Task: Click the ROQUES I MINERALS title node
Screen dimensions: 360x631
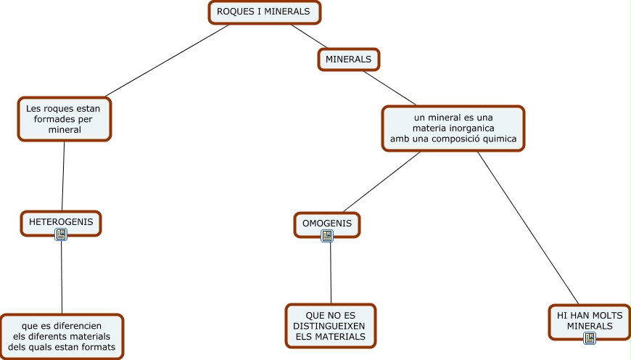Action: [263, 12]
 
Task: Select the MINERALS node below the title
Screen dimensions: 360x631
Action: [348, 59]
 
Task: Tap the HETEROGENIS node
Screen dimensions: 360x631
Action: [61, 221]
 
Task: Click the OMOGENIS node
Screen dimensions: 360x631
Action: [326, 223]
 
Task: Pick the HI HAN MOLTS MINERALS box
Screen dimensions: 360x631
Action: [589, 320]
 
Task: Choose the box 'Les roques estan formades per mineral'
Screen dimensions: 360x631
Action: [64, 119]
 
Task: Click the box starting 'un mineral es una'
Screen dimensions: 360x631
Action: [453, 128]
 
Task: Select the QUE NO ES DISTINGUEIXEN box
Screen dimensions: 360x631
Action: [330, 326]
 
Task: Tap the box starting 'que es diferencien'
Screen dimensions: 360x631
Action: [61, 336]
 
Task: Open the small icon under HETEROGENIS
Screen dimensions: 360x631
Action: [61, 234]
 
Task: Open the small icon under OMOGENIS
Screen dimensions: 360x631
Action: [327, 236]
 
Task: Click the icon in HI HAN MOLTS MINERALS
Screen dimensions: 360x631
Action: [590, 337]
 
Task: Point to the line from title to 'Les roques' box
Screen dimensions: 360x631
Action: [167, 61]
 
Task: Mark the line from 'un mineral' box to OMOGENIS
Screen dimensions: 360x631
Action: [381, 181]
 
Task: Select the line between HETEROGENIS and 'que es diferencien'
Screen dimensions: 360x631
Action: [61, 276]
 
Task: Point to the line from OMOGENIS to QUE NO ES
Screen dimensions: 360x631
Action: [330, 272]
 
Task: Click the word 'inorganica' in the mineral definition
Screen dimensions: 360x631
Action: [471, 128]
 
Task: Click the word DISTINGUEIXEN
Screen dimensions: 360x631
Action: [330, 326]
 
